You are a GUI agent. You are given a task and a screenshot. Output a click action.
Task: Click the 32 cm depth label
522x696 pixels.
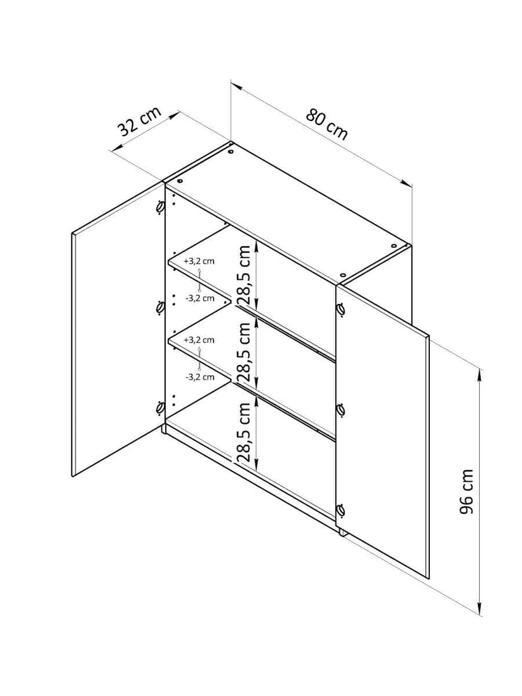coord(139,121)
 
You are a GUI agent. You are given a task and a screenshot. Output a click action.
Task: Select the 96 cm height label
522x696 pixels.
coord(466,491)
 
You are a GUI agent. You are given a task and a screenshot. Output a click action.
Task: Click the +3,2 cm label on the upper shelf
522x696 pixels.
coord(199,261)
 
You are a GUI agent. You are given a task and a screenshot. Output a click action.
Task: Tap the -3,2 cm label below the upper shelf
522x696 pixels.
coord(200,298)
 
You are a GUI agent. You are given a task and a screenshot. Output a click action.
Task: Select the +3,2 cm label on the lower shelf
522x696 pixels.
coord(199,340)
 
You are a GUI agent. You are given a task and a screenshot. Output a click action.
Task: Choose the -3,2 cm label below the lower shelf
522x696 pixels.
coord(200,377)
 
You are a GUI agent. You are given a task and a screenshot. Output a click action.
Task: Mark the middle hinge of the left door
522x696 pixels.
coord(159,307)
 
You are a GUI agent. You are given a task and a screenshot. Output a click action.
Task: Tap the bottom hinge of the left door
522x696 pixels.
coord(159,407)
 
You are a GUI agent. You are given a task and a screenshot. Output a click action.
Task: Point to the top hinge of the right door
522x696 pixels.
coord(341,310)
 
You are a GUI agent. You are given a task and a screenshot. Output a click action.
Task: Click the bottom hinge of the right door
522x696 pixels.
coord(341,510)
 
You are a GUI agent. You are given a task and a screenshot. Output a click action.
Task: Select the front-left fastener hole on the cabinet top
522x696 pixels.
coord(180,182)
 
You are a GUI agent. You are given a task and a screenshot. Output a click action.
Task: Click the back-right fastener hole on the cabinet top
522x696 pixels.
coord(394,245)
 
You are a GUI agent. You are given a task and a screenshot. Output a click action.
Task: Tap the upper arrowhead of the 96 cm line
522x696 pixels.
coord(479,374)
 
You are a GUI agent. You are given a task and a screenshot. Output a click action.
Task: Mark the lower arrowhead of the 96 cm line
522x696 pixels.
coord(480,609)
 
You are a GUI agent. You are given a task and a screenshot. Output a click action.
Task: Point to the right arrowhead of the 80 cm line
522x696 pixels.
coord(407,182)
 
